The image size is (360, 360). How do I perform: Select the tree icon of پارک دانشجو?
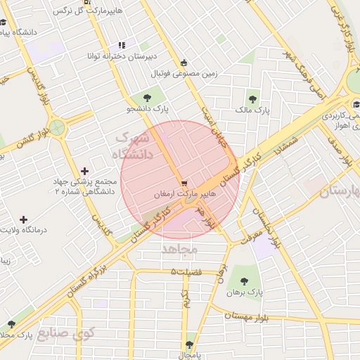point(147,98)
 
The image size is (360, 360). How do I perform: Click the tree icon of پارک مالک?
point(252,98)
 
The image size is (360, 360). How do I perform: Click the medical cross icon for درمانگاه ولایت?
point(24,220)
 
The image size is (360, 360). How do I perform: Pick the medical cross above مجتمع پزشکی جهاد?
point(85,171)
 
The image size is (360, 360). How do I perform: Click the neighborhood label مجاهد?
point(181,250)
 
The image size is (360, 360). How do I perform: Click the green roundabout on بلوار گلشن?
point(57,128)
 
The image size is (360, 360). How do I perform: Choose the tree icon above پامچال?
point(188,345)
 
